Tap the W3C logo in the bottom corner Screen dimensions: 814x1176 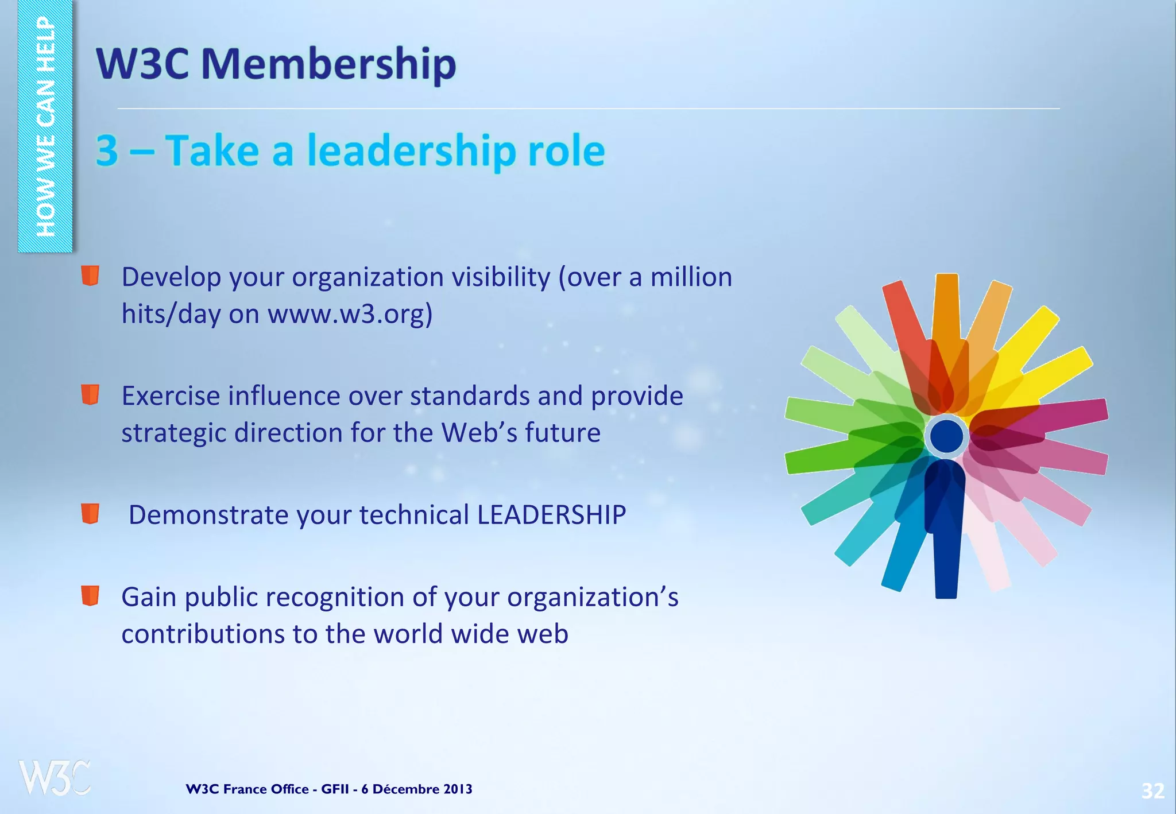(x=54, y=777)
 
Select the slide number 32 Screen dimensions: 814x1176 (x=1152, y=791)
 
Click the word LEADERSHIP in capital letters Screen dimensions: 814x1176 (x=551, y=515)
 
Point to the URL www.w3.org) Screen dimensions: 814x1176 (x=350, y=314)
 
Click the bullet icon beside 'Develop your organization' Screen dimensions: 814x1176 (x=90, y=276)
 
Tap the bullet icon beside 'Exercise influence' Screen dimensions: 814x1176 (x=90, y=395)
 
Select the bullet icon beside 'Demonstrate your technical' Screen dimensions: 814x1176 (x=90, y=514)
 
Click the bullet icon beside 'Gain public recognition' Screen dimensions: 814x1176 (x=90, y=596)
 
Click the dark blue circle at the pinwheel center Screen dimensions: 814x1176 (x=946, y=436)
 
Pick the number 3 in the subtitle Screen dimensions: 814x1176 (x=107, y=150)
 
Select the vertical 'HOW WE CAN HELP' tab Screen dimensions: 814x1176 (x=45, y=126)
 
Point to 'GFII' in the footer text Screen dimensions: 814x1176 (x=334, y=789)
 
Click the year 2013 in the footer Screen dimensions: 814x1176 (x=457, y=789)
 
